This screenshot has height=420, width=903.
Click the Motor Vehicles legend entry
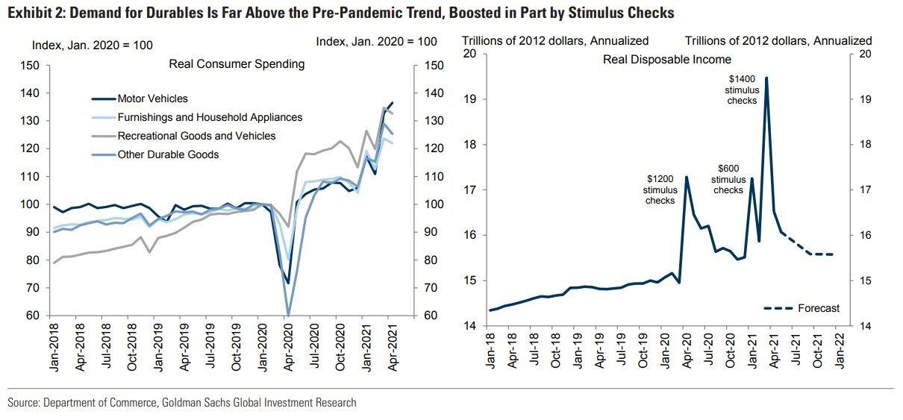[153, 98]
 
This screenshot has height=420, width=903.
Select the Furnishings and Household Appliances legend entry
[210, 117]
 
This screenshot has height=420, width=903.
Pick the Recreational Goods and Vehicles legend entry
[196, 136]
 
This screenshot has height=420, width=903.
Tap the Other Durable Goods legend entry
[168, 154]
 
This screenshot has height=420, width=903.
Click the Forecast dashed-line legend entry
[801, 308]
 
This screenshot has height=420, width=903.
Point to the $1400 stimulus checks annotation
[742, 90]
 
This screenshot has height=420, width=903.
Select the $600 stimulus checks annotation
[728, 179]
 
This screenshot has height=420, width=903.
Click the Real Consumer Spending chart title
[237, 64]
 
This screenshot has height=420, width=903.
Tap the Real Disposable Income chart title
[666, 59]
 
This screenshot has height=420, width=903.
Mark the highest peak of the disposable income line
[766, 78]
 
